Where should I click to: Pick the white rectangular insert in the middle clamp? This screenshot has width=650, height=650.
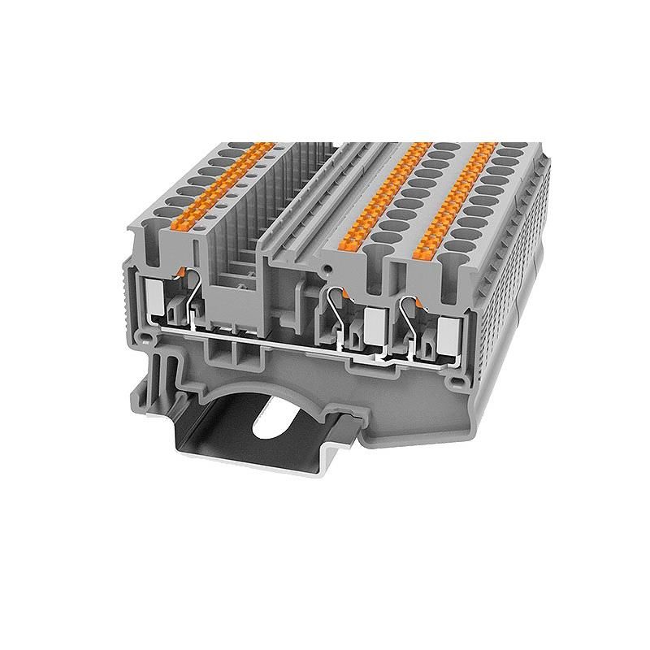(x=375, y=323)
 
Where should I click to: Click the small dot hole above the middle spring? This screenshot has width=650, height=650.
(x=327, y=266)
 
